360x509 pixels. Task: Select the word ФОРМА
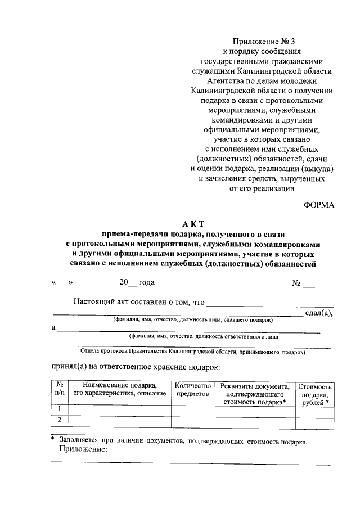point(319,205)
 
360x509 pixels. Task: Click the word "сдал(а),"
point(318,313)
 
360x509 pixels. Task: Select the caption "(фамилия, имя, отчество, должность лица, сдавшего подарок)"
point(192,320)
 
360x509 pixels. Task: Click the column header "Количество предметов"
point(193,390)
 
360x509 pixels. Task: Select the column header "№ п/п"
point(59,390)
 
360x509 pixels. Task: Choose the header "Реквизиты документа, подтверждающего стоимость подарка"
point(255,394)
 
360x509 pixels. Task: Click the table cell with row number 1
point(59,411)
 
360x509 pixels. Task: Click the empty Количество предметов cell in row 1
point(193,411)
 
